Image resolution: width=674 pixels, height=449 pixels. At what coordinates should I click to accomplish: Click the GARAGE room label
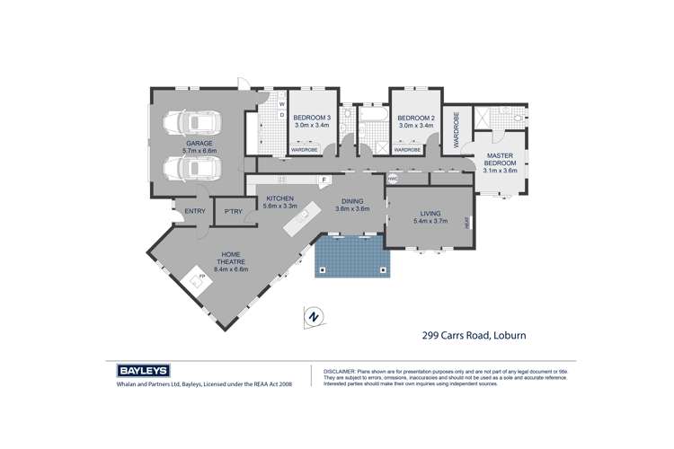(200, 146)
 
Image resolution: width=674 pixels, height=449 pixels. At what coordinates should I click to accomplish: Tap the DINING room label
(351, 204)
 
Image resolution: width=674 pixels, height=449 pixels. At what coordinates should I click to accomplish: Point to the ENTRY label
(195, 212)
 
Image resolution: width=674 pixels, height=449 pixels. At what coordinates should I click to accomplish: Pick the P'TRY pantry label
(233, 212)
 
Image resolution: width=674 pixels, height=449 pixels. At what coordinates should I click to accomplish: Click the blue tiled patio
(353, 258)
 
